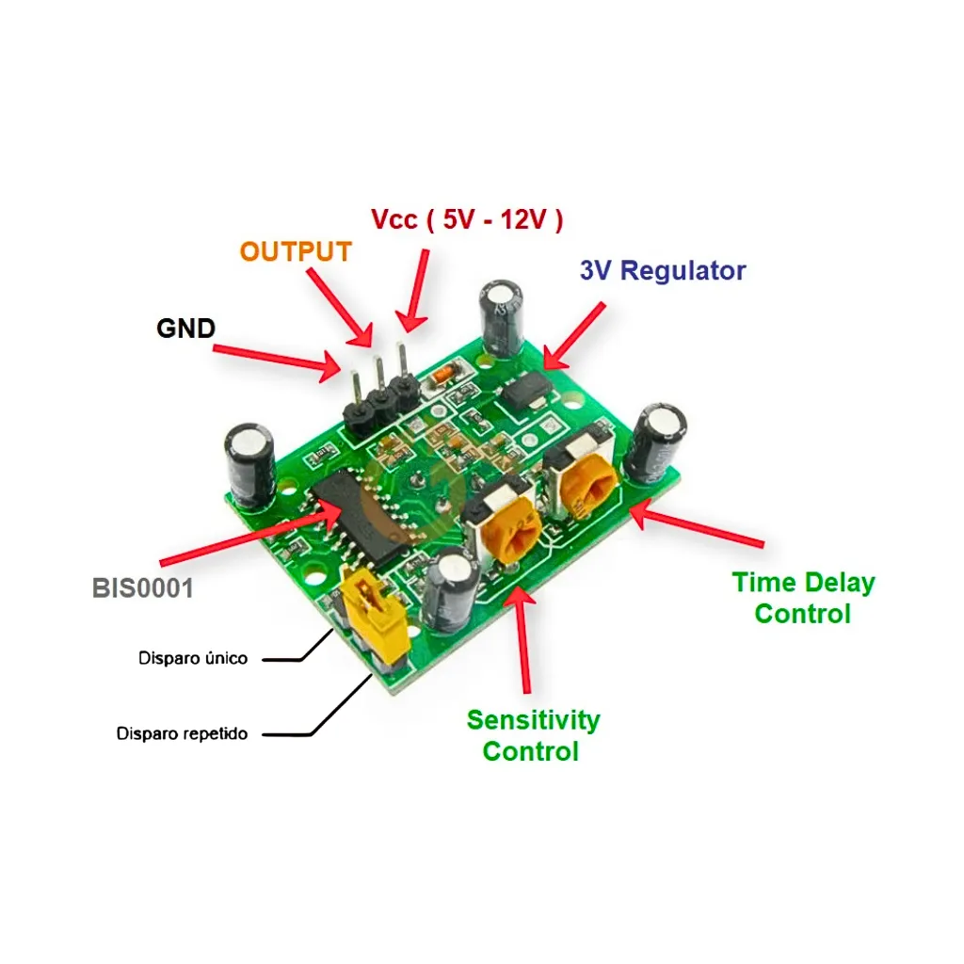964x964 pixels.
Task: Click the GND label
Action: [185, 329]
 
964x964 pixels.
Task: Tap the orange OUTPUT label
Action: [295, 252]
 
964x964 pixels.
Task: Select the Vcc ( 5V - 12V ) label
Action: [467, 219]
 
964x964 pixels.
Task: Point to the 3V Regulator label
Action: [663, 271]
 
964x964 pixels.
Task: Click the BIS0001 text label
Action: [143, 589]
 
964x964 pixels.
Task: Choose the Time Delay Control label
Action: [803, 598]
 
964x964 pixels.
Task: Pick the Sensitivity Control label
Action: [533, 735]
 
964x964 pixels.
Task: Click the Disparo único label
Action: [193, 658]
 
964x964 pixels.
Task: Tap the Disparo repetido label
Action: [183, 733]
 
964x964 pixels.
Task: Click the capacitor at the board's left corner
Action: [249, 465]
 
